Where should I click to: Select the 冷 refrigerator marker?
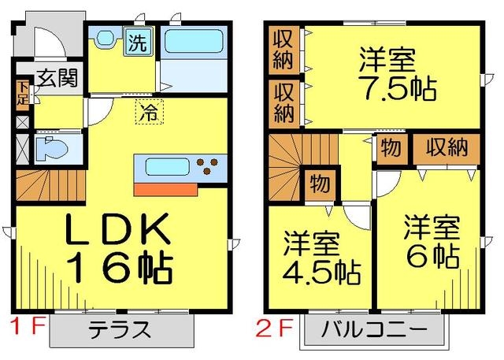pos(147,113)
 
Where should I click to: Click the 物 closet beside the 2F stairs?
pos(319,185)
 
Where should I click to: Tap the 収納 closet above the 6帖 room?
pos(447,148)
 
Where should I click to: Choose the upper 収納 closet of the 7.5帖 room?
pos(283,49)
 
